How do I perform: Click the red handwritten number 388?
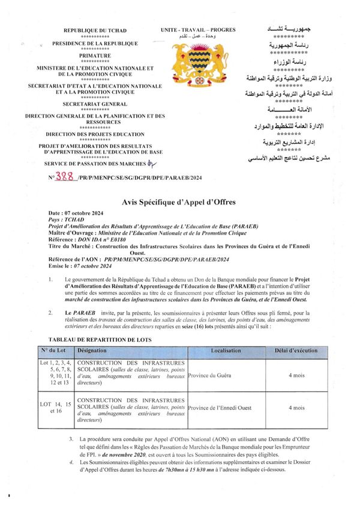point(64,177)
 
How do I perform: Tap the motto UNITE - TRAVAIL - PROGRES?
point(198,30)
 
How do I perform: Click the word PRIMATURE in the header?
point(95,56)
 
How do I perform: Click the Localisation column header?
point(226,351)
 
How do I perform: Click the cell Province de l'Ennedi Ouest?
point(222,408)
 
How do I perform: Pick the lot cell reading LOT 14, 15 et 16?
point(56,408)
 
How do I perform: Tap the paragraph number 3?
point(72,439)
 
